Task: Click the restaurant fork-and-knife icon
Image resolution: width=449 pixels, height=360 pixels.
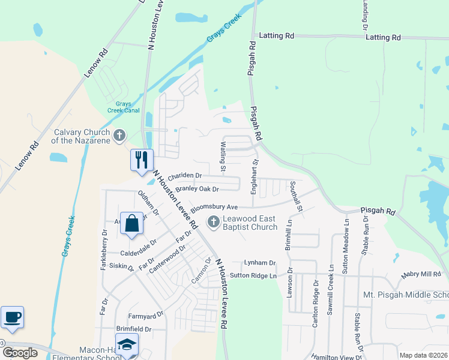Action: tap(142, 160)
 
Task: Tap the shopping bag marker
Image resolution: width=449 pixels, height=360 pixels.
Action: tap(131, 223)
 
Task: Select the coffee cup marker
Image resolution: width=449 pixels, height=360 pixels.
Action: tap(12, 316)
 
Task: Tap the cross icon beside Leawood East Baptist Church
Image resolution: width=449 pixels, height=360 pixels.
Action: tap(212, 222)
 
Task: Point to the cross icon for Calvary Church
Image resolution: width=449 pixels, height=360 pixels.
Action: tap(120, 136)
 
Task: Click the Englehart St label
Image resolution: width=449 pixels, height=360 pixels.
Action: tap(255, 170)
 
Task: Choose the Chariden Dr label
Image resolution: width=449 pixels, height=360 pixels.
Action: tap(185, 176)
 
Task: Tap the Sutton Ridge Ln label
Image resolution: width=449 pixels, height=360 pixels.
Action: tap(254, 275)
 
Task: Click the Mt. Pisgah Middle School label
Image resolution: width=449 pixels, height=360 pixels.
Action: tap(406, 295)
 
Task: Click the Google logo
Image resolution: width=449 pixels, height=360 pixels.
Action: tap(20, 353)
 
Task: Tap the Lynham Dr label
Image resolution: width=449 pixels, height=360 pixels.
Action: tap(259, 263)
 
